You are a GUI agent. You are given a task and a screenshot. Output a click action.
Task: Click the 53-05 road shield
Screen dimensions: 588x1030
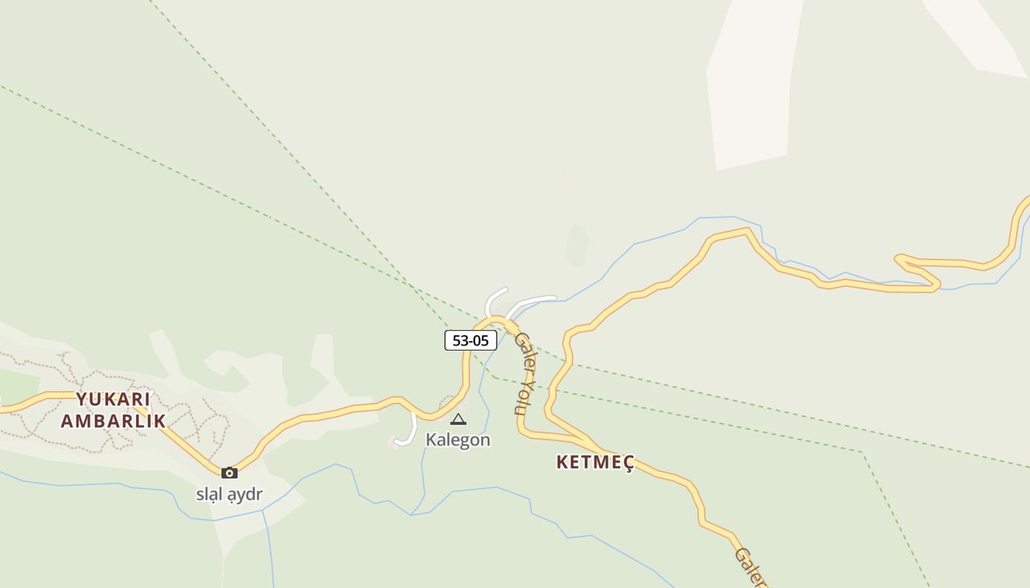pyautogui.click(x=471, y=340)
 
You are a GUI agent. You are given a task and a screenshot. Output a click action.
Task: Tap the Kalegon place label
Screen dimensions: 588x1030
pyautogui.click(x=458, y=440)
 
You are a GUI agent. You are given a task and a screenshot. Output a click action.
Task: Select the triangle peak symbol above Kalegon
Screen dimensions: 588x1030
pyautogui.click(x=458, y=420)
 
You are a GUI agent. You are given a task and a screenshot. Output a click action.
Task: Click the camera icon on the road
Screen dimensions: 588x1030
pyautogui.click(x=230, y=473)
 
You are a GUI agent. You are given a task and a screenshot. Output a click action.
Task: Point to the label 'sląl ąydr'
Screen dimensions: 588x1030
pyautogui.click(x=229, y=494)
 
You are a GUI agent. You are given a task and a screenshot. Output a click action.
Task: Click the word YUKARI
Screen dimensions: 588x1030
pyautogui.click(x=113, y=400)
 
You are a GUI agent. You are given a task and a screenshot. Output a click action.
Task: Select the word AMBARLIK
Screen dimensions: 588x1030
pyautogui.click(x=113, y=421)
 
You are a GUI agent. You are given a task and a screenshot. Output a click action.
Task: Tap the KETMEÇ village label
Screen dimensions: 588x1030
pyautogui.click(x=595, y=462)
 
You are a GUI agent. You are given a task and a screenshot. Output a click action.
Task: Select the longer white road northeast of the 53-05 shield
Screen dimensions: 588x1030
pyautogui.click(x=533, y=301)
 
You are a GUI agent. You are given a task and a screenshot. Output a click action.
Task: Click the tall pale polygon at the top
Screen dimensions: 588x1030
pyautogui.click(x=752, y=81)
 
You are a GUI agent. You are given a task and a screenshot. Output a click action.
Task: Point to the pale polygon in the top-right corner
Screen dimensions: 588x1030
pyautogui.click(x=978, y=33)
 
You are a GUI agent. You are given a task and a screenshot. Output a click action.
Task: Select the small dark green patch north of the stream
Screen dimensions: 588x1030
pyautogui.click(x=578, y=245)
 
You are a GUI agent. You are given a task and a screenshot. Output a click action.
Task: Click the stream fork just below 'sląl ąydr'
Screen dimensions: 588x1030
pyautogui.click(x=263, y=510)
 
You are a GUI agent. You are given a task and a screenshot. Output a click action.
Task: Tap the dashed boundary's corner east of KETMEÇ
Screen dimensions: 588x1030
pyautogui.click(x=862, y=452)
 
